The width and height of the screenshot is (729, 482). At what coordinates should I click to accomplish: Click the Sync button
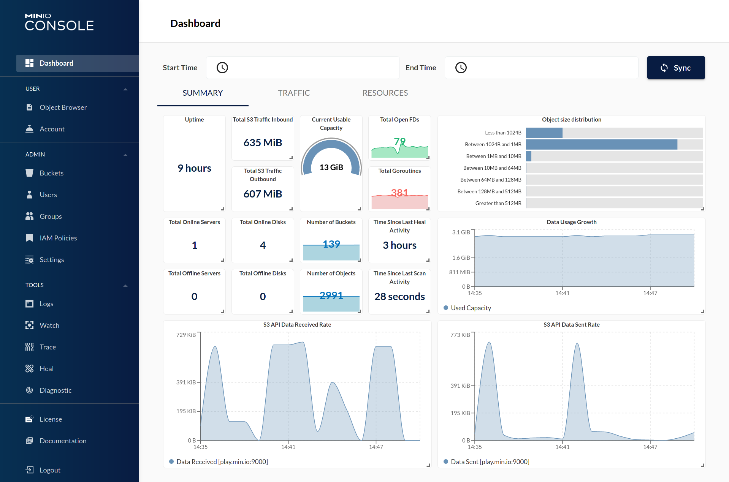pyautogui.click(x=676, y=68)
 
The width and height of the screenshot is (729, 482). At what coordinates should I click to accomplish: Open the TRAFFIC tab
pyautogui.click(x=294, y=93)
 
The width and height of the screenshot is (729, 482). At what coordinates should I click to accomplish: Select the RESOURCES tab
pyautogui.click(x=385, y=93)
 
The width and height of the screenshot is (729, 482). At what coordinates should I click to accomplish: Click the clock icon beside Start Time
pyautogui.click(x=222, y=68)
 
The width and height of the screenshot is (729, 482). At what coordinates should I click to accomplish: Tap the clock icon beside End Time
pyautogui.click(x=461, y=68)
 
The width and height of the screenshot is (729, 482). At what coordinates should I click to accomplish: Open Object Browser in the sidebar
pyautogui.click(x=63, y=107)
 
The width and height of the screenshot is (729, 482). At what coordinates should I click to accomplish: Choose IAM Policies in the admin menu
pyautogui.click(x=58, y=238)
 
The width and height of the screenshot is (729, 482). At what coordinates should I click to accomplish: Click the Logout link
pyautogui.click(x=50, y=470)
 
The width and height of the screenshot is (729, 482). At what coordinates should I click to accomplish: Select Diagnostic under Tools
pyautogui.click(x=55, y=390)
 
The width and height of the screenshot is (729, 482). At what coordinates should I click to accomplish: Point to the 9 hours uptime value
pyautogui.click(x=194, y=168)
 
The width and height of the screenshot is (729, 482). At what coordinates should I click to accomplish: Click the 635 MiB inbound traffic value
pyautogui.click(x=263, y=143)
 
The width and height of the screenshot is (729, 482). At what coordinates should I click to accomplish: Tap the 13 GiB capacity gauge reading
pyautogui.click(x=331, y=168)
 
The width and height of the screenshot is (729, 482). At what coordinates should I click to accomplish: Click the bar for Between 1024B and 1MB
pyautogui.click(x=601, y=144)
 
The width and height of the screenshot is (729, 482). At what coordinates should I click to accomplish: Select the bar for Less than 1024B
pyautogui.click(x=544, y=133)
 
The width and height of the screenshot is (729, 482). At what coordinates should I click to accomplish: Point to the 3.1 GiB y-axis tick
pyautogui.click(x=461, y=232)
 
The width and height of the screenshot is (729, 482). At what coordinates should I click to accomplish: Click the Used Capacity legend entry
pyautogui.click(x=471, y=308)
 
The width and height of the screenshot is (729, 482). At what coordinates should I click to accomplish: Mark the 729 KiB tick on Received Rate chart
pyautogui.click(x=186, y=335)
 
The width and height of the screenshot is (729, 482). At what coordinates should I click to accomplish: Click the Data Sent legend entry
pyautogui.click(x=490, y=462)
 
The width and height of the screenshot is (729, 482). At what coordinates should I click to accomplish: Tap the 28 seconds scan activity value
pyautogui.click(x=399, y=297)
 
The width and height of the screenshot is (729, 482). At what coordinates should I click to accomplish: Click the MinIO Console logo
pyautogui.click(x=59, y=22)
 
